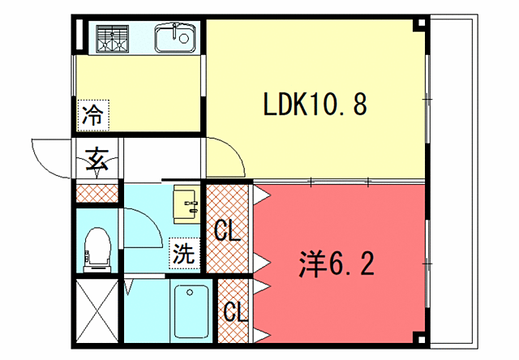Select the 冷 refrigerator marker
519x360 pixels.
[92, 114]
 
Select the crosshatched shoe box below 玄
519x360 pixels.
[97, 193]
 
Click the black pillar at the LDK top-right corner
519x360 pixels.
[418, 24]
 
